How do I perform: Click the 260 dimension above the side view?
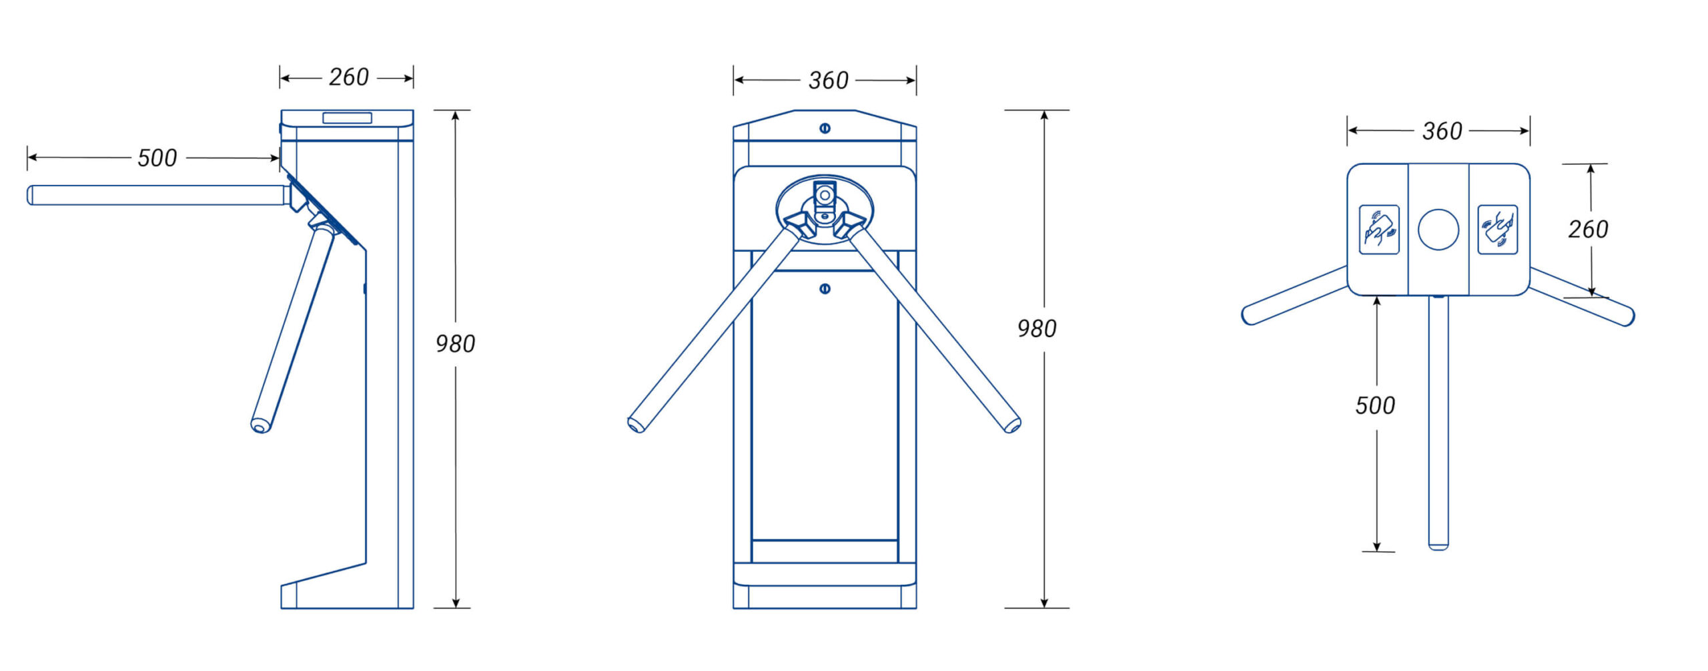[x=348, y=77]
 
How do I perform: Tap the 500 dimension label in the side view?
[x=157, y=158]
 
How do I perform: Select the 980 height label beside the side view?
[x=455, y=344]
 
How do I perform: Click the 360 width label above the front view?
[x=828, y=81]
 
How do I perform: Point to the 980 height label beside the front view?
[x=1036, y=328]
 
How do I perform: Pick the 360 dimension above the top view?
[x=1442, y=131]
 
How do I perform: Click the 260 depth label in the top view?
[x=1588, y=230]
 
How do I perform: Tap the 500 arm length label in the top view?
[x=1375, y=405]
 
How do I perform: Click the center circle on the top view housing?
[x=1438, y=230]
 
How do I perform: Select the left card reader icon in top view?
[x=1379, y=230]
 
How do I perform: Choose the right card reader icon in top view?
[x=1497, y=230]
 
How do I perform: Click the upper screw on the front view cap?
[x=825, y=128]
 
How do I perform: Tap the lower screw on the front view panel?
[x=825, y=289]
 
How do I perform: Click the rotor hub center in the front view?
[x=825, y=196]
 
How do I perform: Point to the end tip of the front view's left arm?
[x=636, y=425]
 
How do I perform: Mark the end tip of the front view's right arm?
[x=1013, y=425]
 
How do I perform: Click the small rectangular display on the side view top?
[x=347, y=118]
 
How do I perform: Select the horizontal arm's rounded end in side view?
[x=30, y=195]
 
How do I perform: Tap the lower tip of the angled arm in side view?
[x=260, y=425]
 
